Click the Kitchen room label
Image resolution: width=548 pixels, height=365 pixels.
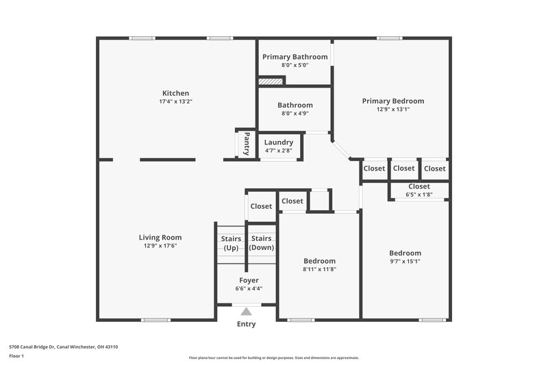[x=175, y=93]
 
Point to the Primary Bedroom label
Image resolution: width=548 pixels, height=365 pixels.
[x=393, y=101]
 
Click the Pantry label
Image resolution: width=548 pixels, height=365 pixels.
[x=247, y=144]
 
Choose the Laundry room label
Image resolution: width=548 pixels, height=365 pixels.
[x=279, y=142]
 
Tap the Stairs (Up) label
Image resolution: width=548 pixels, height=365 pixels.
[x=230, y=242]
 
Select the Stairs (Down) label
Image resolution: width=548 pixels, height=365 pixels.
[x=261, y=242]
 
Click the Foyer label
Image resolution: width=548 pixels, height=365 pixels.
[x=249, y=280]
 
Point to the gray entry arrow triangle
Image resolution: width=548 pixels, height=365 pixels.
[x=247, y=312]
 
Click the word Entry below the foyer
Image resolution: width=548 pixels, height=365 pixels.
[x=247, y=324]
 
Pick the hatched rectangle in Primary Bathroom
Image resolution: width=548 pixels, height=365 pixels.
[x=271, y=81]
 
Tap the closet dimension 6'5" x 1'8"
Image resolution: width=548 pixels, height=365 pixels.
[x=419, y=194]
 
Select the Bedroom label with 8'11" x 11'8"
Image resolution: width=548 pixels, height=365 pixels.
[x=319, y=261]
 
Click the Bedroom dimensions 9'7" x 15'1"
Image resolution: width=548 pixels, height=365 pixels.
[x=405, y=261]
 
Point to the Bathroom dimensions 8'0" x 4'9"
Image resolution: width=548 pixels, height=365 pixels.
[x=295, y=114]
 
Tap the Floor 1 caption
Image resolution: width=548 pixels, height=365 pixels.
[x=17, y=357]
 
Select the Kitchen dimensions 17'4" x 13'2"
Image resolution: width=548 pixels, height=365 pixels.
[x=175, y=101]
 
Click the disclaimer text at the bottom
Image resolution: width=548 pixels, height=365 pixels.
[x=273, y=357]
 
